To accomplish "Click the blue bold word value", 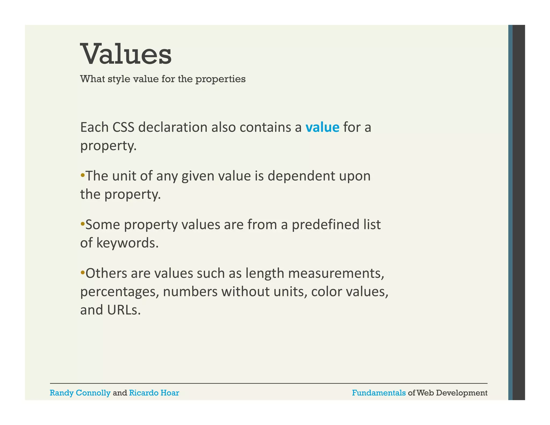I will pos(322,127).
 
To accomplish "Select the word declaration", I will pos(173,127).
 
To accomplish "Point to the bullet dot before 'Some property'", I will pos(82,224).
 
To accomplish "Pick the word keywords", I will pos(127,243).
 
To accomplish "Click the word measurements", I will pos(336,273).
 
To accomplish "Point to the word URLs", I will pos(124,310).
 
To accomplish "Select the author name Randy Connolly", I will pos(80,393).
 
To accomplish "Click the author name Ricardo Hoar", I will pos(154,393).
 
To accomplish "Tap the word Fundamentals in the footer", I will pos(379,393).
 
